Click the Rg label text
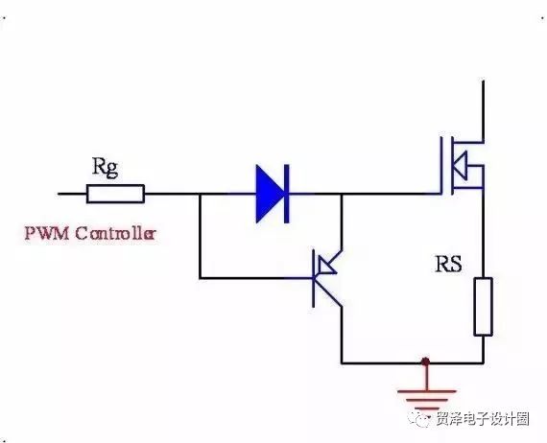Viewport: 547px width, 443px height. [105, 168]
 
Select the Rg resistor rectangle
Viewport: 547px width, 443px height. [115, 194]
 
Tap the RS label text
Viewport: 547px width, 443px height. [448, 264]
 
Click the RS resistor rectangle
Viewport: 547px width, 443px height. [483, 307]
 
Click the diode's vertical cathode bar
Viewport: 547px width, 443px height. [287, 194]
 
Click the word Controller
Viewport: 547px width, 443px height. [115, 233]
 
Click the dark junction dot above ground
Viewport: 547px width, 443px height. [425, 361]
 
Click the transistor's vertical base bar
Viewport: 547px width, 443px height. [314, 278]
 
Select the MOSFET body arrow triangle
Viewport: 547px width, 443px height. [460, 165]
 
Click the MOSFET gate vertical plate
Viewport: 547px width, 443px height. [440, 165]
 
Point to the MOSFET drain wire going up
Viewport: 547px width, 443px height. [483, 111]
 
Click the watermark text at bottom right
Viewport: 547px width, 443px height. [483, 419]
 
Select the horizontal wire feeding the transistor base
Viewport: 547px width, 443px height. [256, 278]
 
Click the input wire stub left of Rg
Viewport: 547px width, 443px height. [72, 194]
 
